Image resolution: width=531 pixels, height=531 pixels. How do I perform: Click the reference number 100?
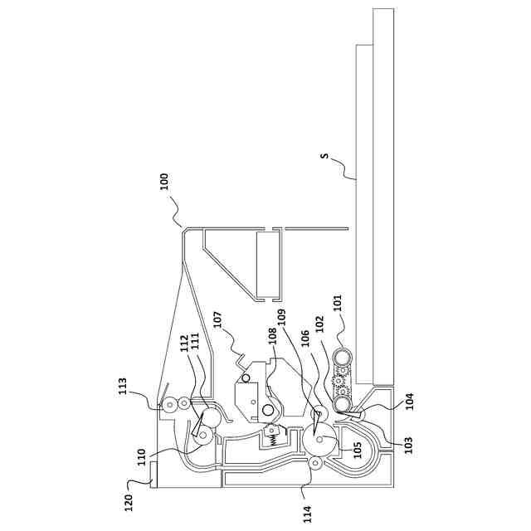click(x=164, y=182)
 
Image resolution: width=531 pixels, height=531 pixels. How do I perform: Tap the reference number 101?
click(x=339, y=303)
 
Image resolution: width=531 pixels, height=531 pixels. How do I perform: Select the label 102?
click(x=320, y=324)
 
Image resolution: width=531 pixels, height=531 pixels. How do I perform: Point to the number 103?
click(x=408, y=445)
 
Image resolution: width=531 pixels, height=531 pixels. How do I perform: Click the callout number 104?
click(x=410, y=402)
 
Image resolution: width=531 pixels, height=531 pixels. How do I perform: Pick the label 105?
click(x=358, y=450)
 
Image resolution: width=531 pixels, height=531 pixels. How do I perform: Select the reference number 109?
click(x=282, y=317)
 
